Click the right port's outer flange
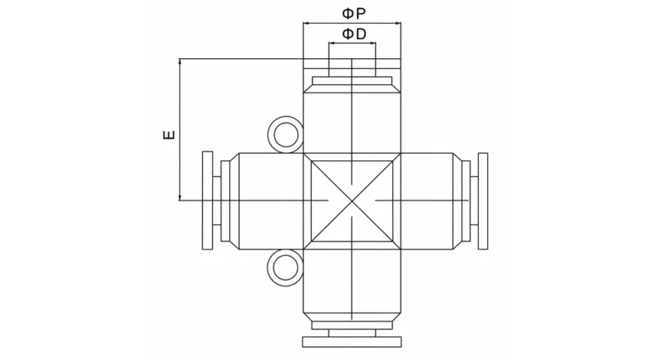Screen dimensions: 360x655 click(482, 200)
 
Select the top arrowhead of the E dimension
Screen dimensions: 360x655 click(179, 62)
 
